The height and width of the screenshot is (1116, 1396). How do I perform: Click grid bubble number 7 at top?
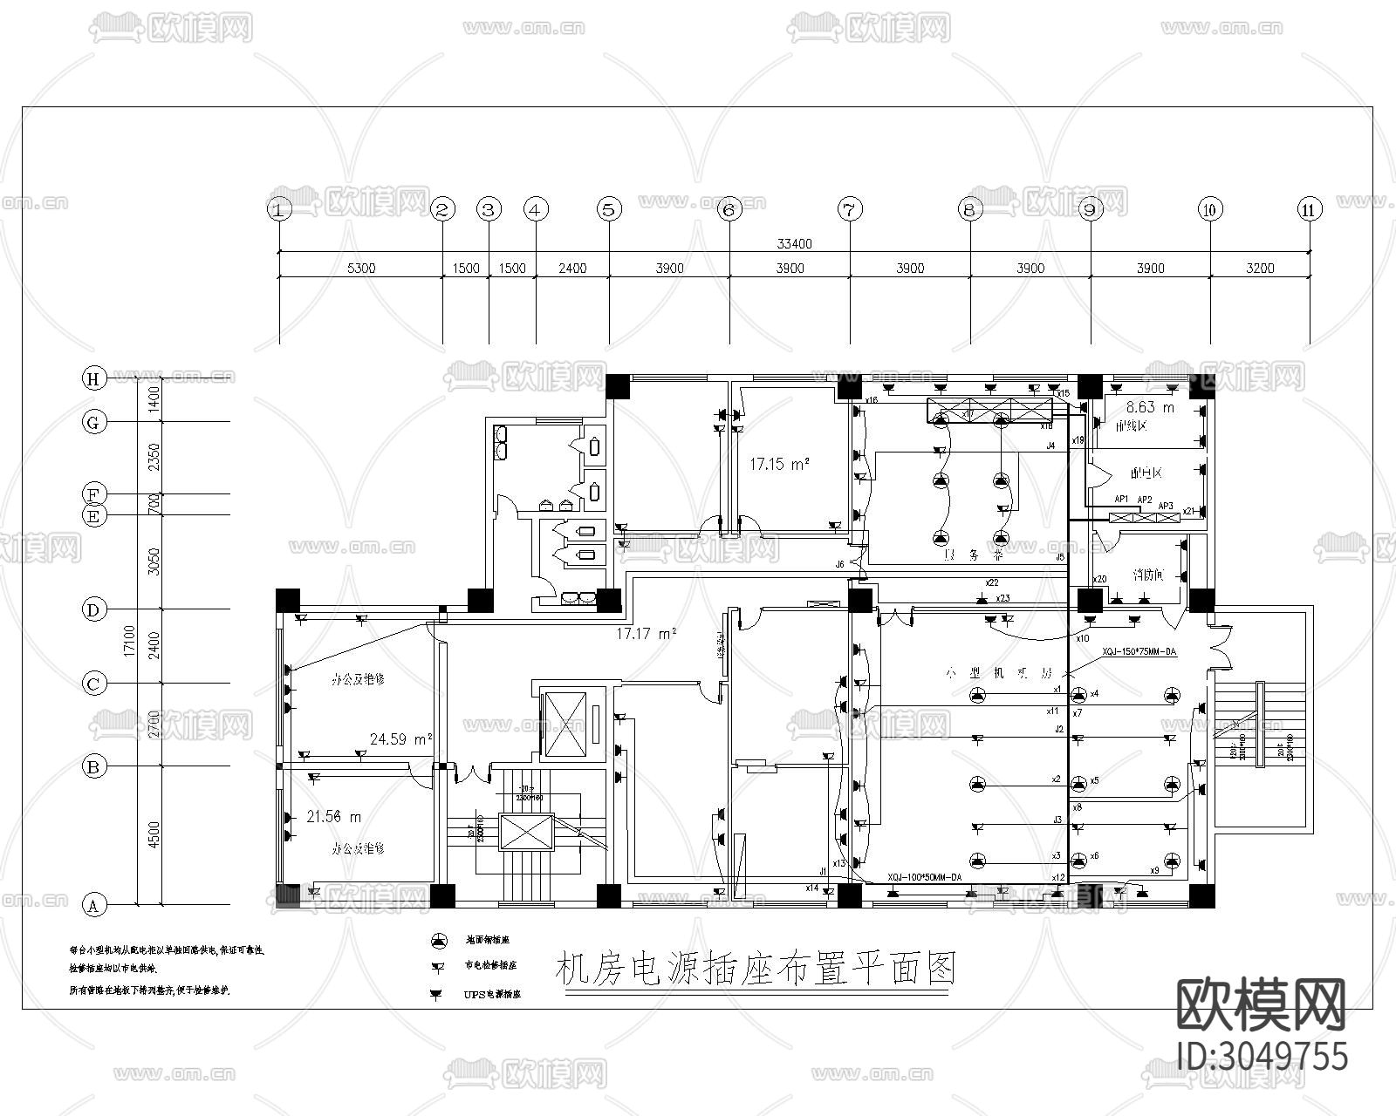(850, 209)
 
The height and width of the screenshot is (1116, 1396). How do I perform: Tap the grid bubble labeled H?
(93, 378)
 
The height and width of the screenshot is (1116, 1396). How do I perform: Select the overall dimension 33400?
(794, 244)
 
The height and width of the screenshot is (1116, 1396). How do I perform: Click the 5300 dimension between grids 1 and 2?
(360, 269)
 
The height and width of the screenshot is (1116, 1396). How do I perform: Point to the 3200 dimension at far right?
(1260, 269)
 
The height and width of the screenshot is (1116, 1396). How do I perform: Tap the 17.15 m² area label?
(779, 465)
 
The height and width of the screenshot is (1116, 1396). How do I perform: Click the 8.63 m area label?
(1150, 407)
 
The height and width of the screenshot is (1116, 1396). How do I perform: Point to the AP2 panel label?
(1144, 500)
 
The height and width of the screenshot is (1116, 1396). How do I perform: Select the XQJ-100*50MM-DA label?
(924, 877)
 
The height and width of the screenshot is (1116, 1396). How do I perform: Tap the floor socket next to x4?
(1079, 695)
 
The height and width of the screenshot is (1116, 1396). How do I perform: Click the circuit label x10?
(1082, 638)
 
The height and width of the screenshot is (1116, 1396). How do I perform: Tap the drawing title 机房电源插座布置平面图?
(756, 969)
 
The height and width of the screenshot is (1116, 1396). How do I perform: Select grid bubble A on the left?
(93, 906)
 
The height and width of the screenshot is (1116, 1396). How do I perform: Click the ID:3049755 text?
(1263, 1056)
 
